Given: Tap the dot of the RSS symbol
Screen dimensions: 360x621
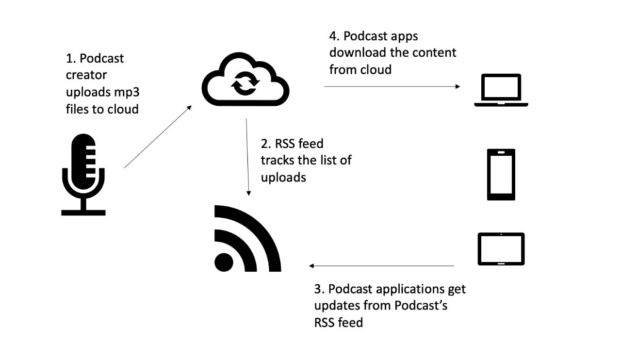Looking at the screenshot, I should point(224,262).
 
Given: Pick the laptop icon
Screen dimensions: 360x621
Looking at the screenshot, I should point(501,91).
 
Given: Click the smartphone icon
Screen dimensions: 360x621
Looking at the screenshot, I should point(501,175).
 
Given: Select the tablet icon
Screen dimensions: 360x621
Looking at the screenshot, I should point(501,249).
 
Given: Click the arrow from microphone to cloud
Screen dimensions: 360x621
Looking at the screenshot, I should point(158,138).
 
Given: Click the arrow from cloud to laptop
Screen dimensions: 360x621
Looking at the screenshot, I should point(392,86).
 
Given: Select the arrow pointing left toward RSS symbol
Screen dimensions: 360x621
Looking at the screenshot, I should point(381,266).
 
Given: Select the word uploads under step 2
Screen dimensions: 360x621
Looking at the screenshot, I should point(283,178).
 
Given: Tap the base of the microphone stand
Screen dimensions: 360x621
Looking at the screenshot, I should point(83,212).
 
